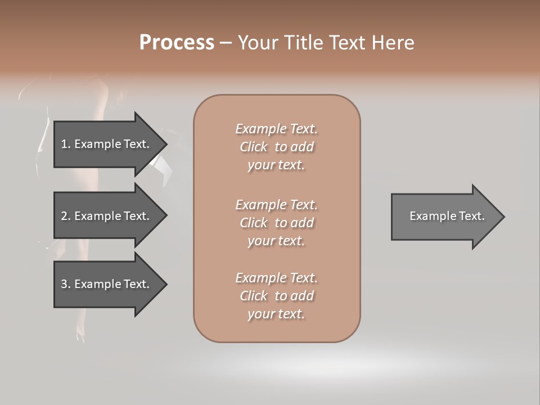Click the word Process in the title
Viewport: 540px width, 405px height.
177,43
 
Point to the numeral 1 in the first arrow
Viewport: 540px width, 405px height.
64,144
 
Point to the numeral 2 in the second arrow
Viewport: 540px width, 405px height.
64,216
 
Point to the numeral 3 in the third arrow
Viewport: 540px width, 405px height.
64,284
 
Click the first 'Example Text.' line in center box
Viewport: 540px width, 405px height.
276,129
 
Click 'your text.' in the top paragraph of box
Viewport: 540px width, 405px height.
276,165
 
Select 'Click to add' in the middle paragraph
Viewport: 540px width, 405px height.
276,223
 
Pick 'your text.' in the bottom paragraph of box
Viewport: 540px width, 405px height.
276,314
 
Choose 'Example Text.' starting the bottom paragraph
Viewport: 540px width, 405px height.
276,278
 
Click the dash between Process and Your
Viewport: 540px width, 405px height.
226,43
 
